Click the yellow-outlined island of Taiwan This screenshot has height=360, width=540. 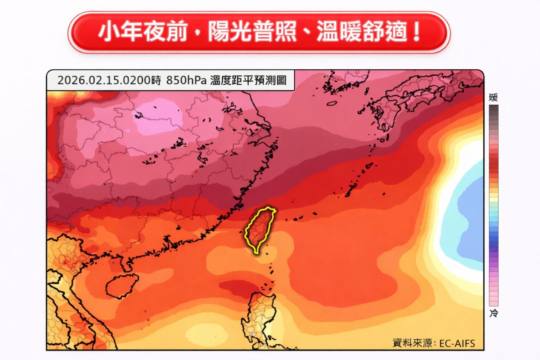pyautogui.click(x=260, y=229)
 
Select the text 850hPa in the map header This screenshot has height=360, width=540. pyautogui.click(x=186, y=81)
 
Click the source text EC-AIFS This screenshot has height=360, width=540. pyautogui.click(x=455, y=343)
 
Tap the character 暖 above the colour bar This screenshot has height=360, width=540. pyautogui.click(x=494, y=98)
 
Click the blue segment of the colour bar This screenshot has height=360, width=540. pyautogui.click(x=494, y=234)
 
